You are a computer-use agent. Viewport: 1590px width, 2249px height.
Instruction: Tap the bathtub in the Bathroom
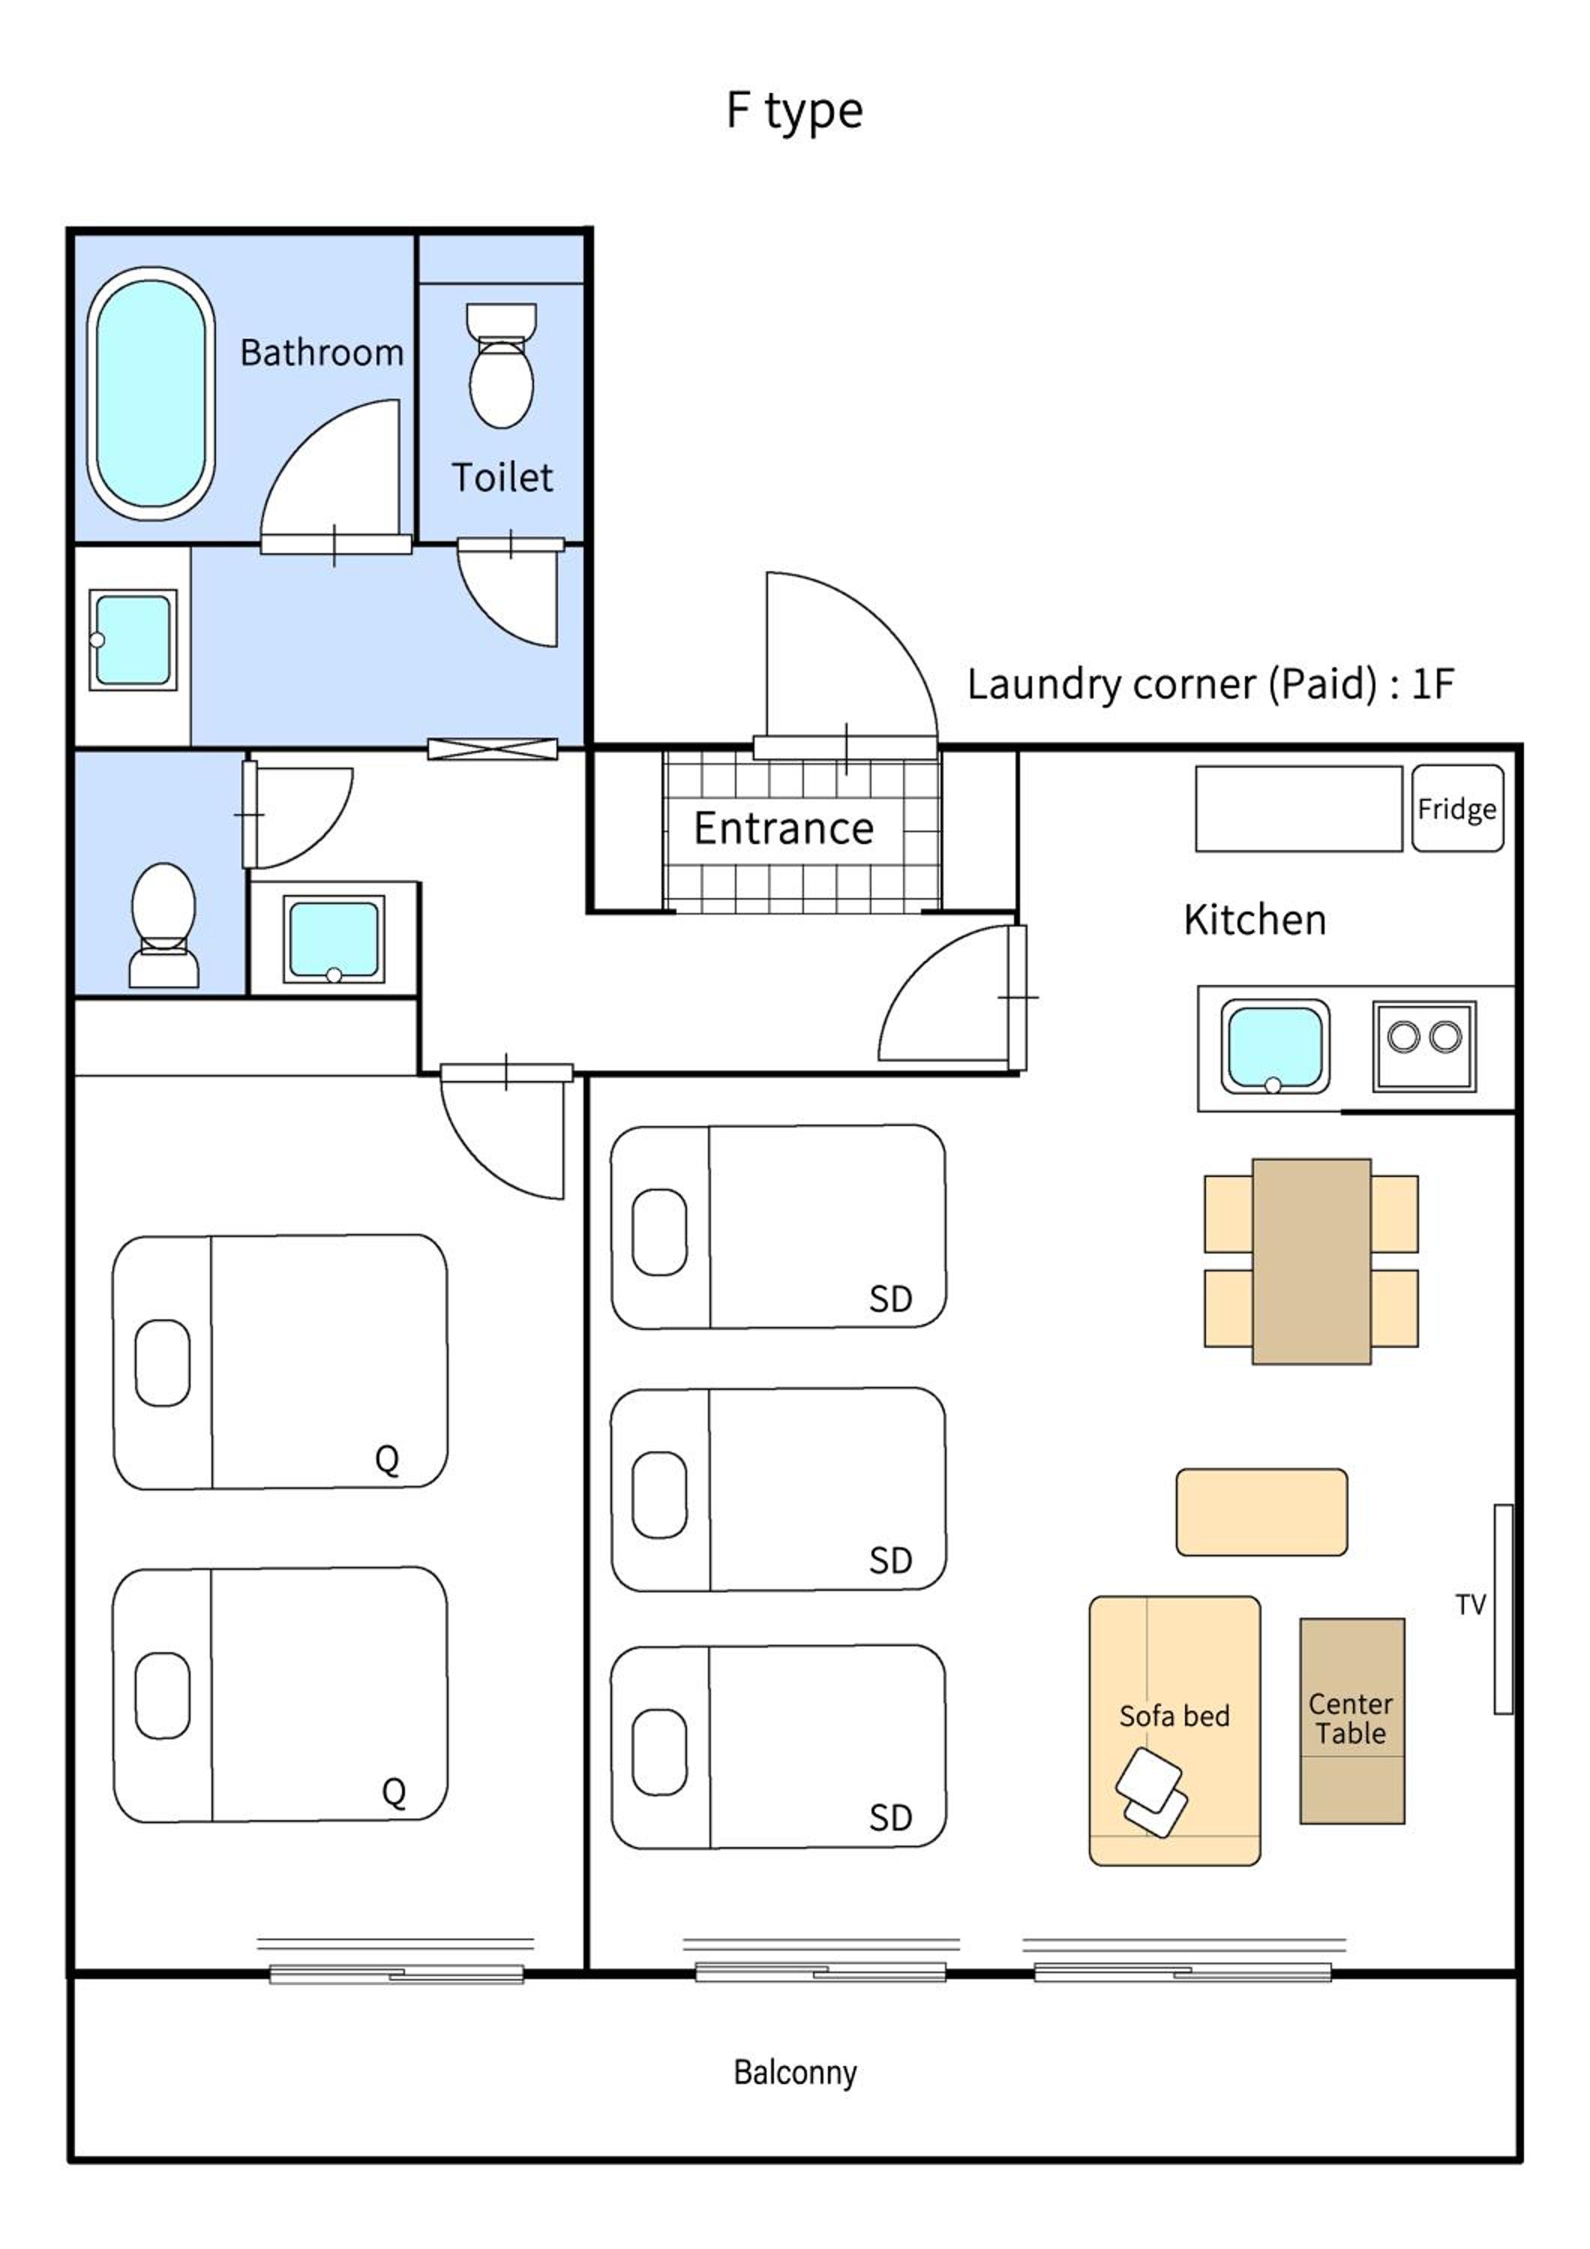click(x=151, y=394)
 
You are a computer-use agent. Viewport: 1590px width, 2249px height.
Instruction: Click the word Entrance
click(x=783, y=828)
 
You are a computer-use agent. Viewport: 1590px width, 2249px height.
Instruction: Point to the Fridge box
click(x=1456, y=808)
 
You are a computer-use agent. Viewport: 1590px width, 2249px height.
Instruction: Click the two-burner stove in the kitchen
click(x=1423, y=1045)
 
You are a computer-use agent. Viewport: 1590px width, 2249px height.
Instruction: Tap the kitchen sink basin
click(x=1273, y=1046)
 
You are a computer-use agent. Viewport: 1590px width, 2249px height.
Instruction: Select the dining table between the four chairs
click(x=1311, y=1261)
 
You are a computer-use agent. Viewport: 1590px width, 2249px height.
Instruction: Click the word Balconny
click(x=794, y=2072)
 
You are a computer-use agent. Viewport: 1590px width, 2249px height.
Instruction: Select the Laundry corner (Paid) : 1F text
click(x=1210, y=684)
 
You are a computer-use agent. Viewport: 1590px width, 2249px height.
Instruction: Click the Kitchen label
click(x=1254, y=920)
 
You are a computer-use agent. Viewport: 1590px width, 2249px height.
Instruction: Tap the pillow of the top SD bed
click(x=659, y=1231)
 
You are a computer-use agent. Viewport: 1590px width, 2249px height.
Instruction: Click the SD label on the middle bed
click(x=889, y=1560)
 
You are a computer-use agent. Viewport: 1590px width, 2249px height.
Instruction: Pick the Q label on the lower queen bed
click(x=394, y=1792)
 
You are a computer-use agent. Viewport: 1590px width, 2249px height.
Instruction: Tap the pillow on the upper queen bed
click(x=162, y=1363)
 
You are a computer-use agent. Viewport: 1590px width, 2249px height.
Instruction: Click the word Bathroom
click(x=321, y=352)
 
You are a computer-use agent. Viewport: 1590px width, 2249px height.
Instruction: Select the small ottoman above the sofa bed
click(x=1261, y=1511)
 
